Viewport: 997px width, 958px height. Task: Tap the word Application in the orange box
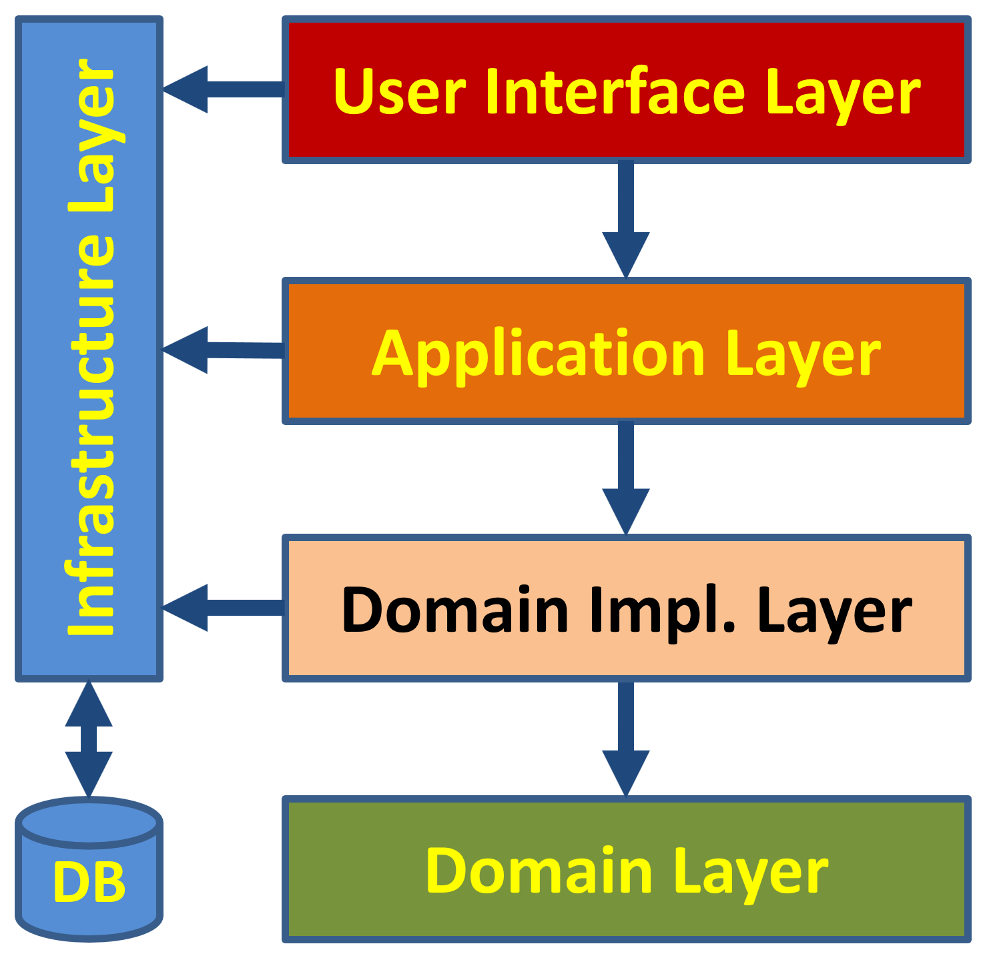[538, 354]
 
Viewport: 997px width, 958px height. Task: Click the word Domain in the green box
[539, 871]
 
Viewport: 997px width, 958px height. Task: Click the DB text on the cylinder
[89, 883]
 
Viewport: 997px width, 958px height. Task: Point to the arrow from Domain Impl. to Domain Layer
[625, 737]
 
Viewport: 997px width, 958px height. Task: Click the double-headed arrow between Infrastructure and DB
[89, 739]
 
